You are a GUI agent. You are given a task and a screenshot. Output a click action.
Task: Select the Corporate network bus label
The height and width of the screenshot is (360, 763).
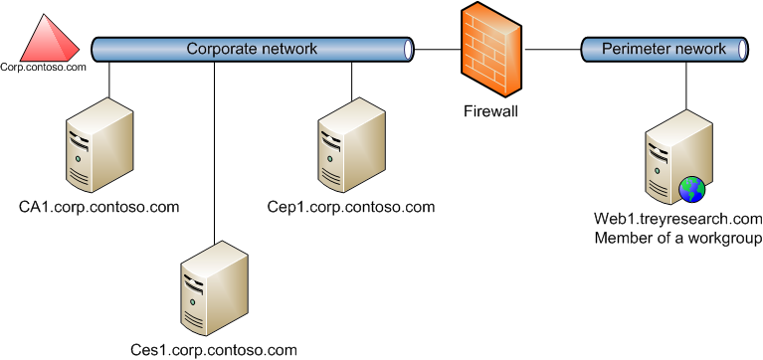click(x=252, y=48)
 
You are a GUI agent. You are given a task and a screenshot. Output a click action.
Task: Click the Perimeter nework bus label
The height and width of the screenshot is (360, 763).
click(x=664, y=48)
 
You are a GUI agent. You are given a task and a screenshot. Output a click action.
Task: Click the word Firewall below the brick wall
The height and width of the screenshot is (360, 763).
click(x=491, y=111)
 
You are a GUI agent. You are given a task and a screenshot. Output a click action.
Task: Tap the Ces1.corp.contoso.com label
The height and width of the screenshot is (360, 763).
click(x=214, y=350)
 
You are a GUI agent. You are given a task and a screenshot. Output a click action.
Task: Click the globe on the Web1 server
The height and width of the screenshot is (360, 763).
click(x=691, y=189)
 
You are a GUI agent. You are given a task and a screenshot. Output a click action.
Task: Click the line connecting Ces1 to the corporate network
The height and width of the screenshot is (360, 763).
click(x=214, y=149)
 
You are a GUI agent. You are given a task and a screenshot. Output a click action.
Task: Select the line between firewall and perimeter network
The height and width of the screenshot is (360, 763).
click(x=552, y=48)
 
